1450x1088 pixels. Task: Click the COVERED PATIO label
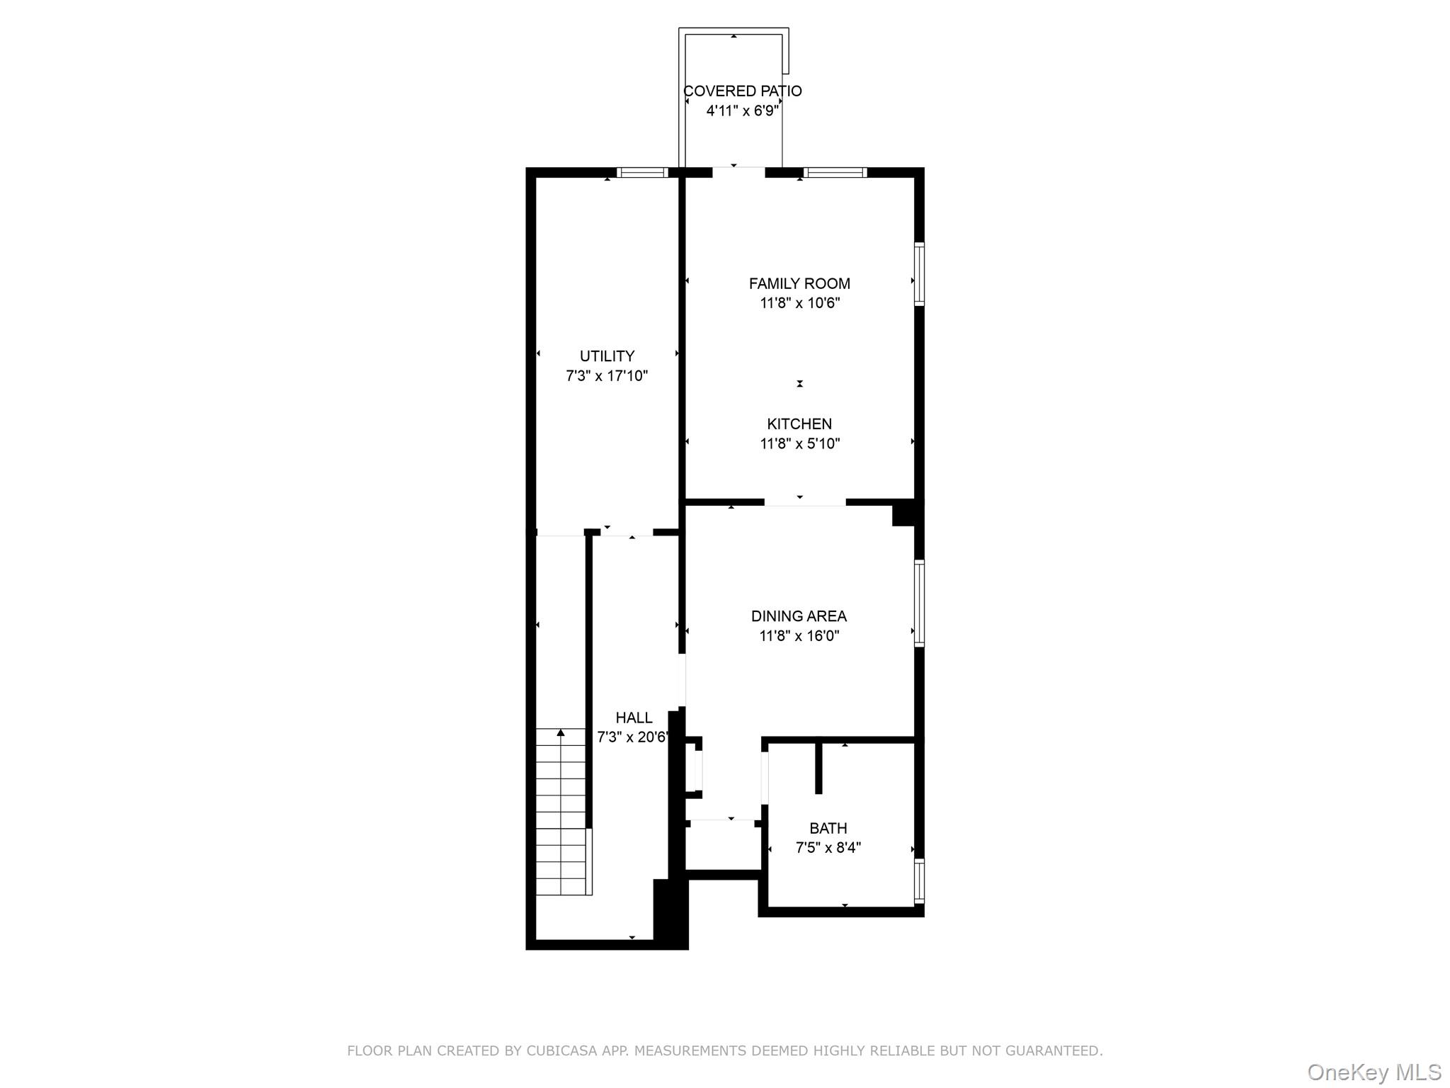pos(742,91)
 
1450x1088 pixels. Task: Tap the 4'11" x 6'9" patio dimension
pos(742,111)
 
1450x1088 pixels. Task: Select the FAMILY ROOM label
pos(799,283)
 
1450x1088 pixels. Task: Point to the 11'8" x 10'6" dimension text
pos(799,303)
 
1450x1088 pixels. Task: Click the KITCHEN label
pos(799,424)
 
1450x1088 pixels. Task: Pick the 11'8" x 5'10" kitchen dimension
pos(799,444)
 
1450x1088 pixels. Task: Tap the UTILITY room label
pos(607,356)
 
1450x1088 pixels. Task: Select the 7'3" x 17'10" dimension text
pos(607,376)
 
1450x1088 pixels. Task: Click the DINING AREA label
pos(799,616)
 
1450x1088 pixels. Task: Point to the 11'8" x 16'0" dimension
pos(799,636)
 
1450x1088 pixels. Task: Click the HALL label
pos(634,718)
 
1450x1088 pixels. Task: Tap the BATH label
pos(828,828)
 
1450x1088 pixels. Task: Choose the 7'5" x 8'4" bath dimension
pos(828,848)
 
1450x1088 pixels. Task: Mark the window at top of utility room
pos(642,172)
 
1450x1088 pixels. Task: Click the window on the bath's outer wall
pos(919,880)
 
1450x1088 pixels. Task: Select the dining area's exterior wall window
pos(919,603)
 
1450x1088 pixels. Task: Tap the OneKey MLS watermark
pos(1374,1072)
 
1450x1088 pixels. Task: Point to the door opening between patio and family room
pos(738,172)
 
